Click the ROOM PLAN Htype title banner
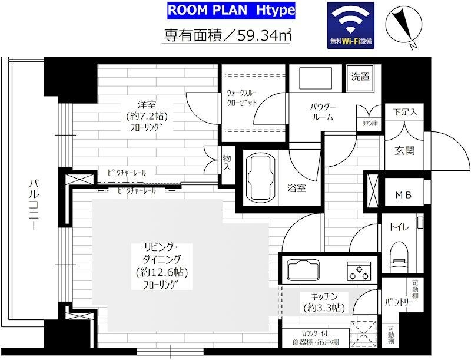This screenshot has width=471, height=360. point(231,11)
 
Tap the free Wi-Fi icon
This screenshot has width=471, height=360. point(350,25)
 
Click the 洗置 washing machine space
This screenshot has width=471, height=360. point(360,78)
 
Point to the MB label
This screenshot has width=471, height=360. point(403,195)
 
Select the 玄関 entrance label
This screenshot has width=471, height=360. point(404,151)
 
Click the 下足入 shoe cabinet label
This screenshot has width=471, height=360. point(405,113)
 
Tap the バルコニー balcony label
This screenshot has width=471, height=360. point(34,204)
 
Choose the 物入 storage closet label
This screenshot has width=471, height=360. point(227,163)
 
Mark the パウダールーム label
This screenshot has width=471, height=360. point(323,112)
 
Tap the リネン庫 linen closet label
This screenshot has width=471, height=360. point(370,123)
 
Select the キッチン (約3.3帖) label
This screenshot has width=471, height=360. point(324,302)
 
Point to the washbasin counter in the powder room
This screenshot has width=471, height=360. point(316,79)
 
